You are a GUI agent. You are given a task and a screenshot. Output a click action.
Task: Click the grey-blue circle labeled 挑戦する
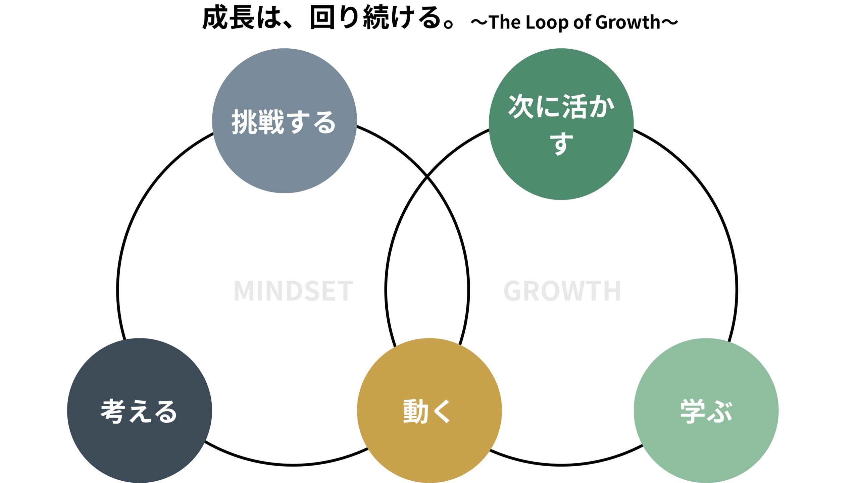coord(284,121)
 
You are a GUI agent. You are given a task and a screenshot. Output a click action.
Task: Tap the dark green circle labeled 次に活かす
coord(561,124)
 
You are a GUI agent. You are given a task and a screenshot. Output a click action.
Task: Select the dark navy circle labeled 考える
coord(139,411)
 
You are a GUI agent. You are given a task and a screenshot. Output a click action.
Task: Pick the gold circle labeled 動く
coord(429,411)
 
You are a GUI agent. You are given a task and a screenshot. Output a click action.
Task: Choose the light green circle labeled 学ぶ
coord(706,411)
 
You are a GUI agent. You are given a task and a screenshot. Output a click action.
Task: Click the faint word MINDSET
coord(293,291)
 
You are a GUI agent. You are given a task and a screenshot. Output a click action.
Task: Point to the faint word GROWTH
coord(562,291)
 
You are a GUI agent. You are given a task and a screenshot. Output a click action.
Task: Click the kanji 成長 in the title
coord(229,18)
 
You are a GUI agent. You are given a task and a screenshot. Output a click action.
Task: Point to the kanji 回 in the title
coord(321,18)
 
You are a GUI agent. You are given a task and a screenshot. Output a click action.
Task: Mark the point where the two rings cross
coord(427,176)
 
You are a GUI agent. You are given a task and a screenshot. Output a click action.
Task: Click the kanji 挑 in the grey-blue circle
coord(244,122)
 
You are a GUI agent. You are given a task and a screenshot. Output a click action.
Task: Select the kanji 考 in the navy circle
coord(113,411)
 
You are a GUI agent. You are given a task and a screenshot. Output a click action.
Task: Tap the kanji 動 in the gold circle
coord(415,411)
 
